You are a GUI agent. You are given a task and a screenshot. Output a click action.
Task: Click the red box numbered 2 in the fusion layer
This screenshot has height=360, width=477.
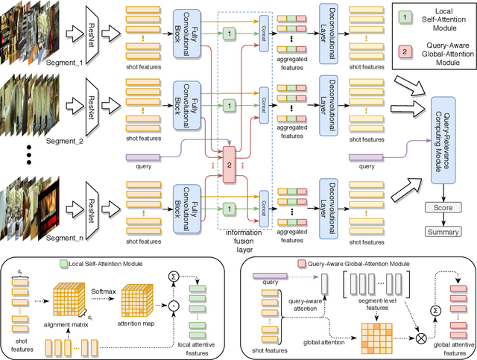(x=230, y=162)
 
